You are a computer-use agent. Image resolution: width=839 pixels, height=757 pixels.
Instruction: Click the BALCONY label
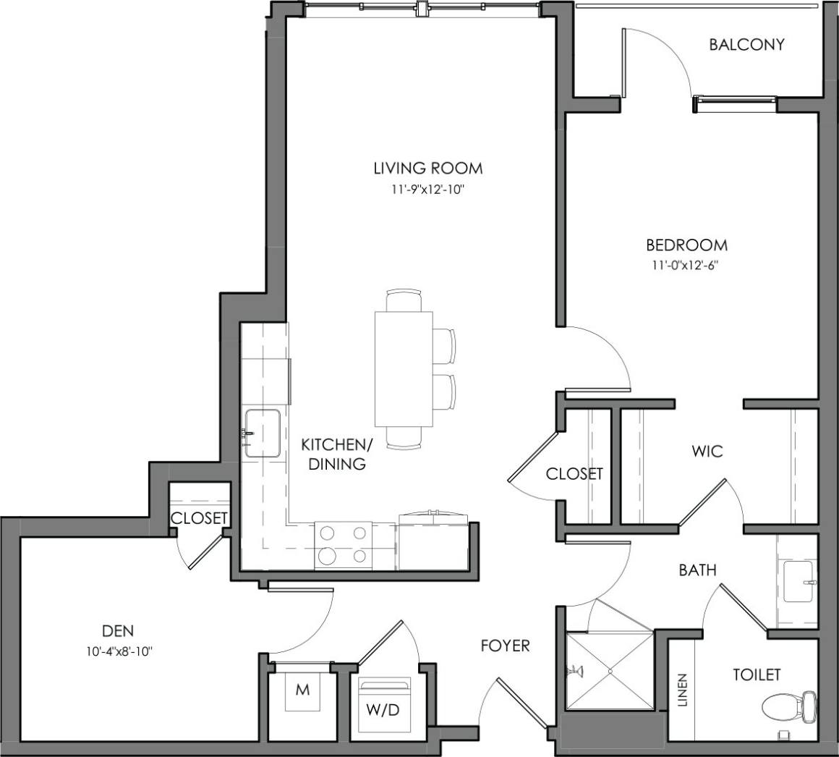click(x=746, y=45)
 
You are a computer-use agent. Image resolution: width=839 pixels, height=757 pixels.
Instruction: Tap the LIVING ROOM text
click(x=427, y=169)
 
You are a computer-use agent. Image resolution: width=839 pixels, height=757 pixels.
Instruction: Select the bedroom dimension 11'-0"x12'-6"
click(x=686, y=265)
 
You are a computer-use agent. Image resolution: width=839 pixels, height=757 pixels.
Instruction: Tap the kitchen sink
click(x=262, y=433)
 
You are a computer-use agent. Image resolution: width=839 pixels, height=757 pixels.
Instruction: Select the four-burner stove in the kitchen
click(x=343, y=544)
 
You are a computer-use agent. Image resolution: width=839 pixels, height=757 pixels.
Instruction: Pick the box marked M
click(x=302, y=690)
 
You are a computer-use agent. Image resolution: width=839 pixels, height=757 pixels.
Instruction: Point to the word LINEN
click(x=683, y=690)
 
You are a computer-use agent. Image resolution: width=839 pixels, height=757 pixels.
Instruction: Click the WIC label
click(x=707, y=452)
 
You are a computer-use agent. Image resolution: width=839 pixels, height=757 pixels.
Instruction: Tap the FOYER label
click(x=505, y=645)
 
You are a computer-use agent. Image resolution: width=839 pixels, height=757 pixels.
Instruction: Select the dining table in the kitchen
click(x=404, y=369)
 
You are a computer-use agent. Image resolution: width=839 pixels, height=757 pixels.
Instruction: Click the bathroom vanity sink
click(x=799, y=582)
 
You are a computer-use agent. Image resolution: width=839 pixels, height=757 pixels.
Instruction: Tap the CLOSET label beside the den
click(x=200, y=518)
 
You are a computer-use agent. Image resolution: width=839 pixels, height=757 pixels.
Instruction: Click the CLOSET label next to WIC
click(x=574, y=474)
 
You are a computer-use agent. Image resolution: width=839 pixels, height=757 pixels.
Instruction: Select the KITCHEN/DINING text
click(x=337, y=454)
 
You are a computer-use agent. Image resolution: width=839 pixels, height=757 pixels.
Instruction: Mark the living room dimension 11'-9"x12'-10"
click(x=427, y=190)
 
